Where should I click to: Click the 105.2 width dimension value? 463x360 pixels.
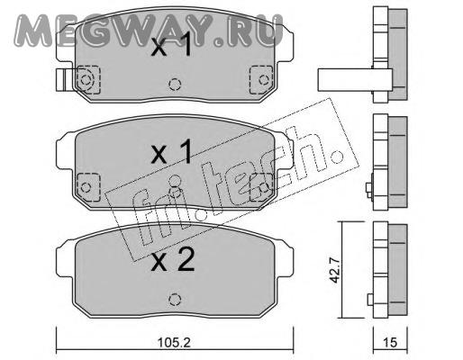tap(175, 342)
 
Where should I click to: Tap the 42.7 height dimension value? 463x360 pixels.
tap(334, 269)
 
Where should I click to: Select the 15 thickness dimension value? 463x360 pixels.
tap(390, 342)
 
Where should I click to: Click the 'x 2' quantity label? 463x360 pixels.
tap(172, 261)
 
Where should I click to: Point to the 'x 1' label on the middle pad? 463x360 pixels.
tap(171, 152)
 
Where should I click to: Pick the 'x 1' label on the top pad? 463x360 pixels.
tap(171, 46)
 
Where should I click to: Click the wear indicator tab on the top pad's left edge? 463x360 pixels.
tap(63, 80)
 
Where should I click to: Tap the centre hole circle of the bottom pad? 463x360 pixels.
tap(175, 299)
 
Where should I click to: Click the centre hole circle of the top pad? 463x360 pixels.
tap(175, 85)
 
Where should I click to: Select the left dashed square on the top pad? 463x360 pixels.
tap(88, 79)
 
